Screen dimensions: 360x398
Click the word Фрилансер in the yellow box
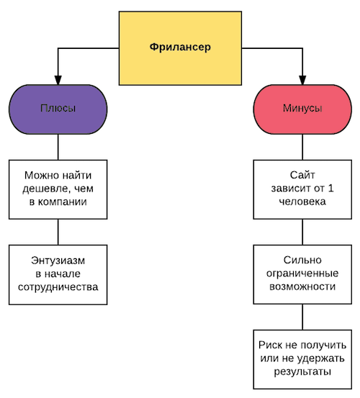180,48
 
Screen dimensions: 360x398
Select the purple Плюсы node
58,109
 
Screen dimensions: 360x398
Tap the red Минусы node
302,109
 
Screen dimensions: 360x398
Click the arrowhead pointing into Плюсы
58,80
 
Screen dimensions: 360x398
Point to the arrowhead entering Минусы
302,80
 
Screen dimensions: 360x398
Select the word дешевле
45,189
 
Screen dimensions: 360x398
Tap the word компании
63,202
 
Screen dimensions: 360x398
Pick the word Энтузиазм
58,261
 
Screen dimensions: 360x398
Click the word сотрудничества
58,287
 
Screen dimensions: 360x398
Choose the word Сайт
302,175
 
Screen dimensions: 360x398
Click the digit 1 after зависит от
330,189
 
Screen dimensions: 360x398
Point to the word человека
302,202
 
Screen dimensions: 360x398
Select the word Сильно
302,260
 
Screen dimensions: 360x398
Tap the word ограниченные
302,273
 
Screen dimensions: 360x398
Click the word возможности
302,287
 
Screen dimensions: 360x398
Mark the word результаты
302,372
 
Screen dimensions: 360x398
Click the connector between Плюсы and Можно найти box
58,147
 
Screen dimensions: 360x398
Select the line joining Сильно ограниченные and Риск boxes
302,317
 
